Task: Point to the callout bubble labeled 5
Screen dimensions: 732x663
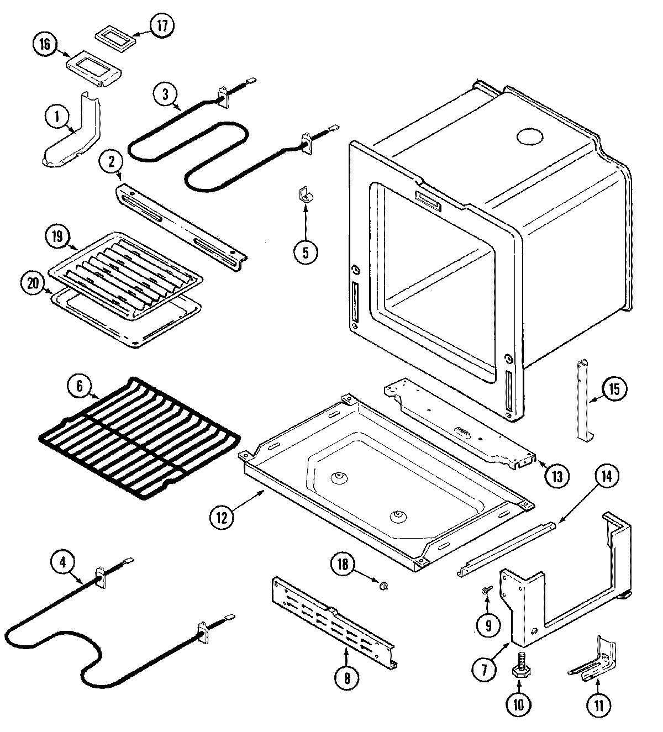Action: point(306,251)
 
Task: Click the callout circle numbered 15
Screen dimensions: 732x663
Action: point(614,389)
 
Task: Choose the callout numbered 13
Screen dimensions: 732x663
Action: point(557,475)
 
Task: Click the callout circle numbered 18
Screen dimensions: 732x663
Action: point(343,564)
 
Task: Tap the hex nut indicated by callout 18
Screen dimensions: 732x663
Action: point(382,584)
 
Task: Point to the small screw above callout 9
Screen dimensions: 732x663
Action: point(486,591)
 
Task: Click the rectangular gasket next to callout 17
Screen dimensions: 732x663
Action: point(114,38)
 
